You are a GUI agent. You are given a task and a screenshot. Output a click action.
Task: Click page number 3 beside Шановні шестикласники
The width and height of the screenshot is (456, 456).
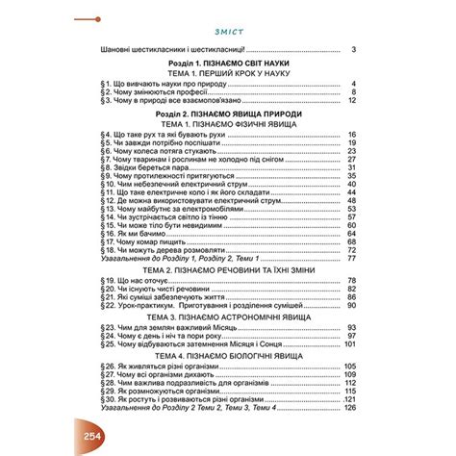[x=354, y=50]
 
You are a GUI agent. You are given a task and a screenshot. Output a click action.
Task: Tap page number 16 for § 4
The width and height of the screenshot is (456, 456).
[x=352, y=135]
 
